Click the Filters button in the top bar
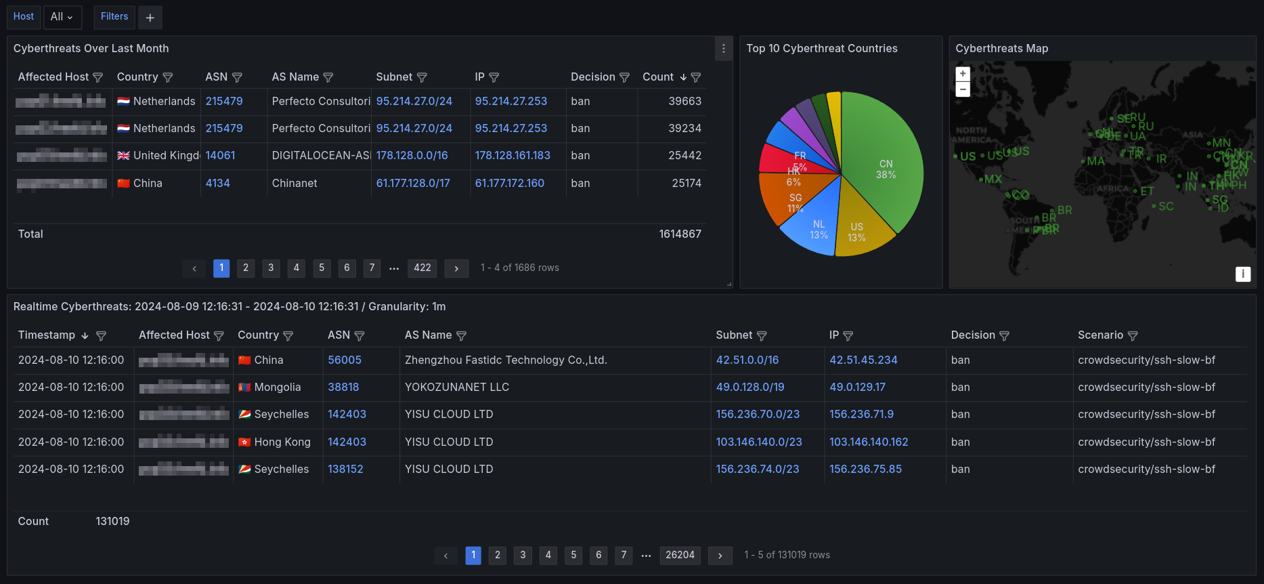[x=114, y=17]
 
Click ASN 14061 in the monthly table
[x=220, y=156]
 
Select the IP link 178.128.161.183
[x=513, y=156]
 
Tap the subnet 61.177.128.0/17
[x=413, y=183]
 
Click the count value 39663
[x=684, y=102]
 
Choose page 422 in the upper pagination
[x=422, y=268]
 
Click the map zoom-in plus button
[x=963, y=74]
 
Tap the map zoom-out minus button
[x=963, y=89]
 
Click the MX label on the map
[x=993, y=180]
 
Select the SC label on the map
[x=1166, y=207]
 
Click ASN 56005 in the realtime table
[x=345, y=360]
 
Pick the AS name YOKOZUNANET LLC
[x=457, y=388]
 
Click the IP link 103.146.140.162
[x=869, y=442]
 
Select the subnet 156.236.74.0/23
[x=758, y=470]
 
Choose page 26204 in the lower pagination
[x=680, y=556]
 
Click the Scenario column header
[x=1100, y=335]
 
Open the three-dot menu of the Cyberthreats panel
[x=724, y=49]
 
